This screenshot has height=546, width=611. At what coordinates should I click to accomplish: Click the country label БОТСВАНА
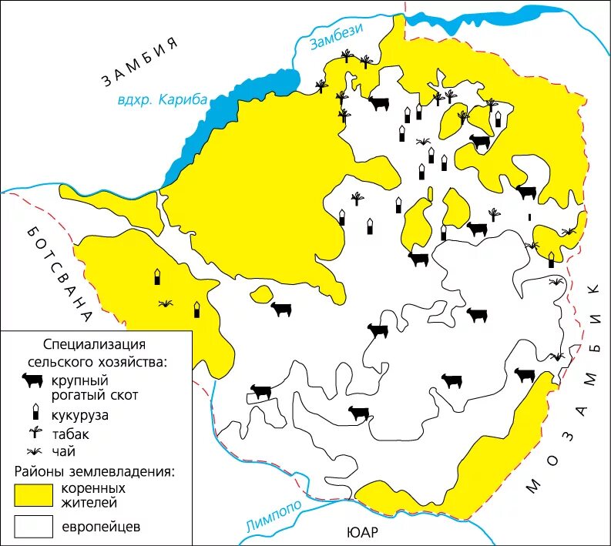[59, 273]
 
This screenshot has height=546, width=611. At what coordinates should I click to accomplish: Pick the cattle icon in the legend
[32, 380]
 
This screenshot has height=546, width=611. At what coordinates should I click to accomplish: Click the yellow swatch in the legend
[32, 495]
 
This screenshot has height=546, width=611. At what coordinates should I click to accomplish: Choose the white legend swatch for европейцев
[32, 528]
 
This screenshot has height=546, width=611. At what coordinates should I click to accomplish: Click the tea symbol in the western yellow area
[165, 304]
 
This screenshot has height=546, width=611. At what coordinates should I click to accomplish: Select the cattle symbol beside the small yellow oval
[280, 309]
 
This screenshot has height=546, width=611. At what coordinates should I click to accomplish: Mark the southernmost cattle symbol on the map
[358, 413]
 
